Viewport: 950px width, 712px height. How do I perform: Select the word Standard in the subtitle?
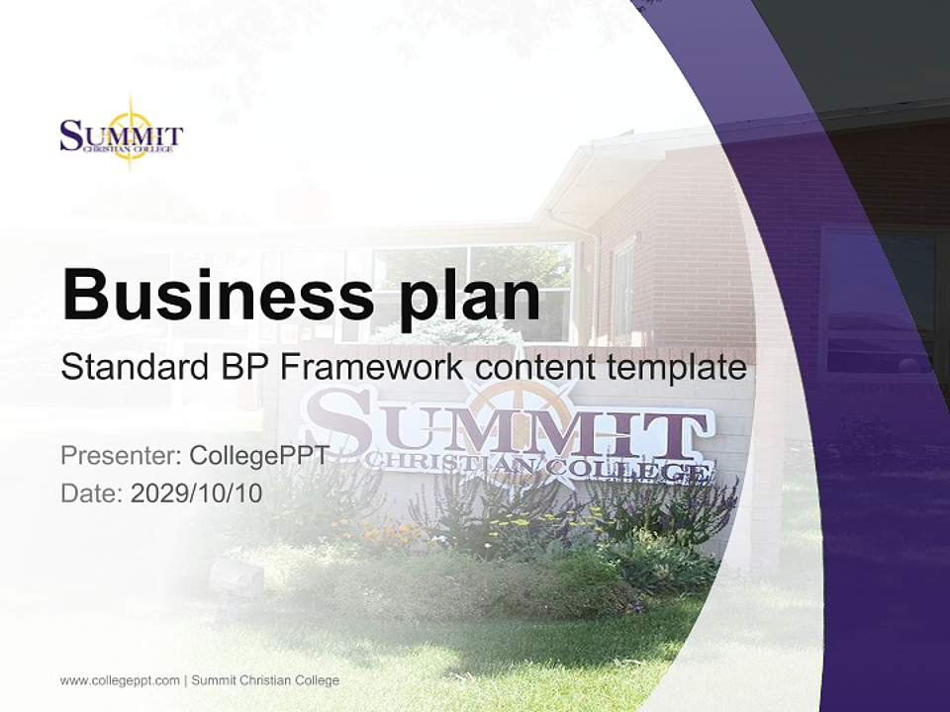(130, 368)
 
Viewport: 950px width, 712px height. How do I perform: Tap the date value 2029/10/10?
(197, 493)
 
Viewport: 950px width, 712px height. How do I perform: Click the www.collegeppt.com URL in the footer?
(120, 680)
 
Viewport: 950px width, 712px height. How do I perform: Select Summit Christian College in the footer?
(265, 680)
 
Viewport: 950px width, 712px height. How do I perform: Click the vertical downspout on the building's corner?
(594, 287)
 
